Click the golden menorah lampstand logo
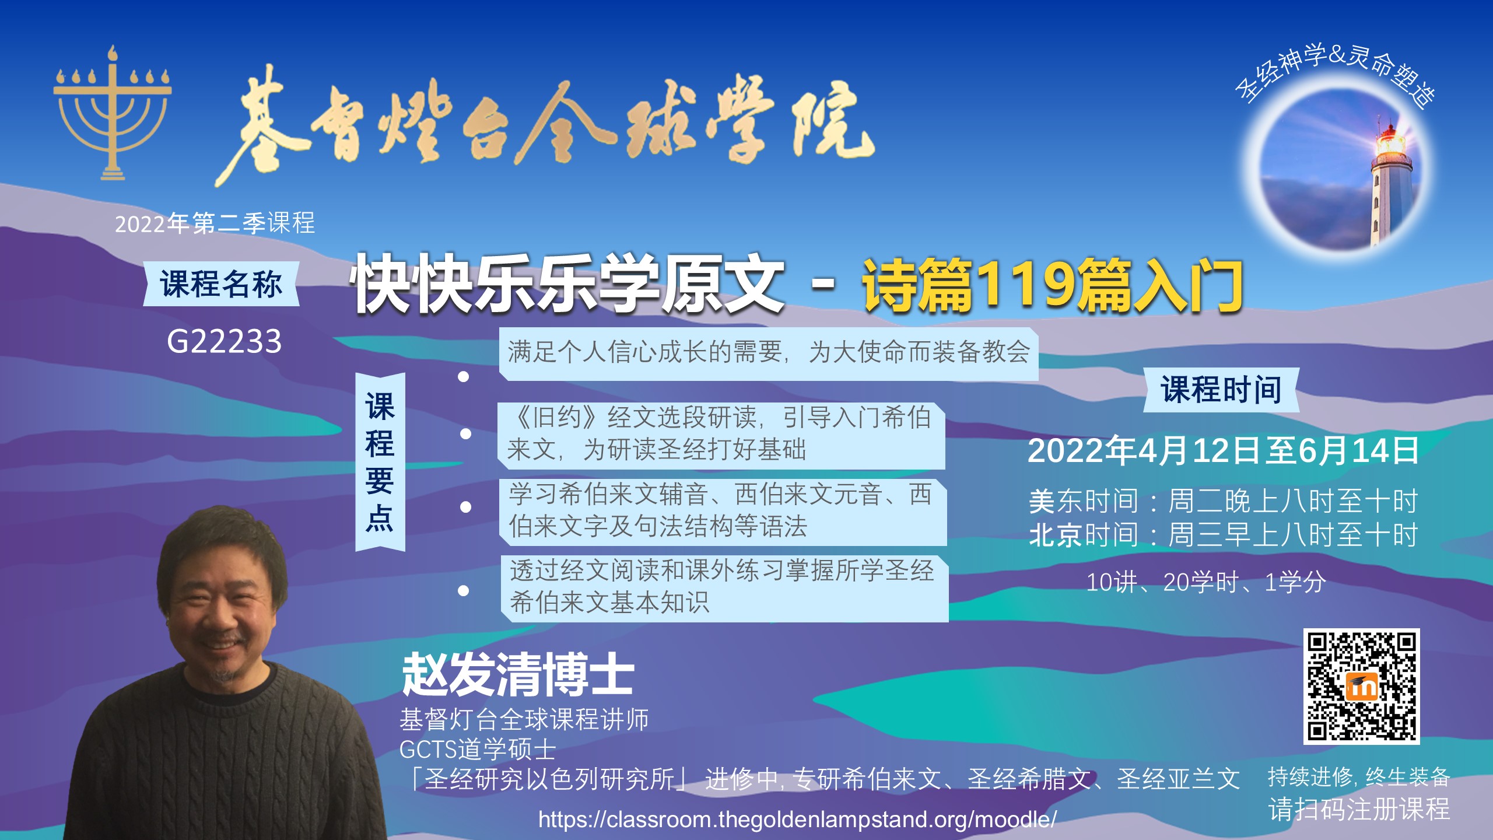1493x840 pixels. (x=112, y=114)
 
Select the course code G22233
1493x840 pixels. (x=225, y=341)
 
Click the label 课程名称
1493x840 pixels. (x=221, y=284)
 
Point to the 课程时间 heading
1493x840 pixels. (x=1221, y=390)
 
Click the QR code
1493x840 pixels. (x=1361, y=687)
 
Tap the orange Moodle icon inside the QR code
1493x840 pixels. (x=1362, y=687)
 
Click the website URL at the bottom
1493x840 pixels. (x=797, y=820)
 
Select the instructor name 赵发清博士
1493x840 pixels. (x=518, y=674)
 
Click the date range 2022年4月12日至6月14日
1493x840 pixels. (x=1223, y=451)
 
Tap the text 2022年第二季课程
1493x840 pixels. (x=215, y=223)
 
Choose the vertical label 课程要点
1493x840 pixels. (x=380, y=462)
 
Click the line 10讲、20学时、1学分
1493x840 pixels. (x=1206, y=582)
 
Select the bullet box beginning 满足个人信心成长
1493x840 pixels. (x=769, y=353)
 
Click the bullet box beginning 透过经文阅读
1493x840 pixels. (x=724, y=588)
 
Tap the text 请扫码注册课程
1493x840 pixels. (x=1359, y=809)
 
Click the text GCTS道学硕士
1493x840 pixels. (x=478, y=750)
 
